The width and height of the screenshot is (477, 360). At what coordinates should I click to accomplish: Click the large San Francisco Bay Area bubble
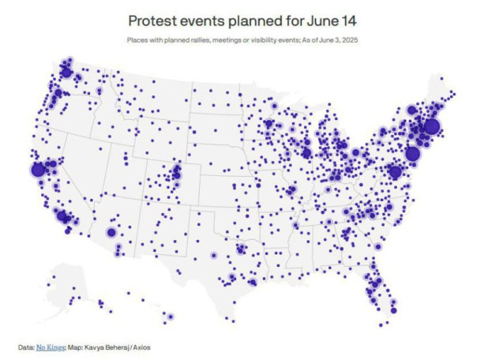coord(37,169)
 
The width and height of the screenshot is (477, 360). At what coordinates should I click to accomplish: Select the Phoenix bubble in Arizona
coord(111,232)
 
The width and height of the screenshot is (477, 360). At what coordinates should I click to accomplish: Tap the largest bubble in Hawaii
coord(170,317)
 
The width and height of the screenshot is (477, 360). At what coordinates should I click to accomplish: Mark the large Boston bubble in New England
coord(431,126)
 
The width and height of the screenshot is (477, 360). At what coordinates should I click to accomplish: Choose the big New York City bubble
coord(412,154)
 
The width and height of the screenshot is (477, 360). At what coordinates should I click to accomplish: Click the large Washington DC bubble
coord(395,171)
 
